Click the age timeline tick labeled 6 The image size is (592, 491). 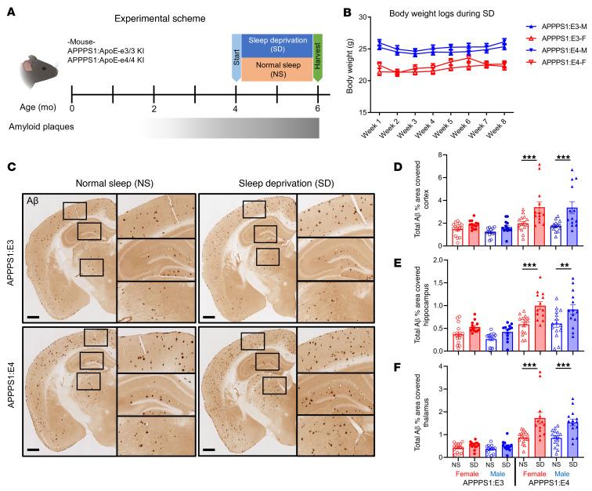pos(318,109)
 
